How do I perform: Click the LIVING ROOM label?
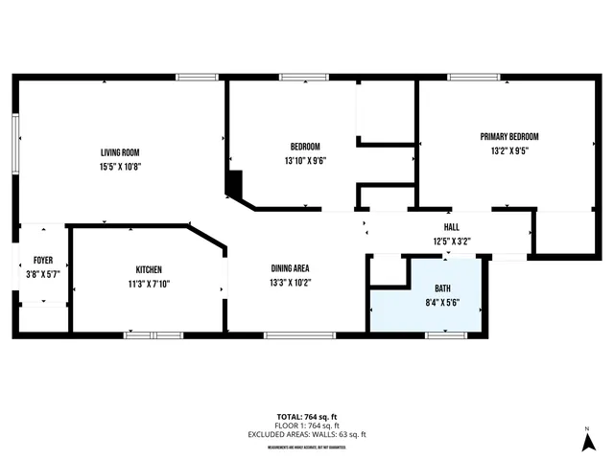(x=121, y=152)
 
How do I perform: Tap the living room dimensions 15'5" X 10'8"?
(x=121, y=166)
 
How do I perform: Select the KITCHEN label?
(x=148, y=269)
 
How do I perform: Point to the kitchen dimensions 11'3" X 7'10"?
(x=148, y=283)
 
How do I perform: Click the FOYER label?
(x=43, y=260)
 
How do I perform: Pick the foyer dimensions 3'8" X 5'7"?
(x=43, y=273)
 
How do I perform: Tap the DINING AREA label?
(x=290, y=269)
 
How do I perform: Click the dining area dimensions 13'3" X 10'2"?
(x=290, y=283)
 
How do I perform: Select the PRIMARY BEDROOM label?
(x=509, y=137)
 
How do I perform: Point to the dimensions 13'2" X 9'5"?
(x=509, y=150)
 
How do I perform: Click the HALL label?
(x=451, y=227)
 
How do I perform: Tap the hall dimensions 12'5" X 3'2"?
(x=451, y=241)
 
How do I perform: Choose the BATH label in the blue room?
(x=442, y=287)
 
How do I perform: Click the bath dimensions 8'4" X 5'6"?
(x=442, y=301)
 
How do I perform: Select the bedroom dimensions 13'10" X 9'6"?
(x=305, y=160)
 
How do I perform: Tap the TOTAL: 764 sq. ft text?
(x=306, y=416)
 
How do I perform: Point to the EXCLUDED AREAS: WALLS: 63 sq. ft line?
(x=306, y=434)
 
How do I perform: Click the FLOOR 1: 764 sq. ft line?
(x=306, y=425)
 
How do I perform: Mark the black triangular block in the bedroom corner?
(x=233, y=183)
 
